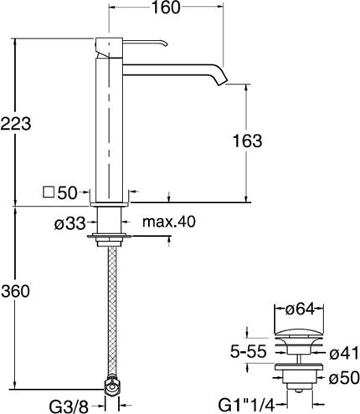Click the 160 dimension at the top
166,8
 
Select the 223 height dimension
16,124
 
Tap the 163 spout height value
247,141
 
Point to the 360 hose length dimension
15,292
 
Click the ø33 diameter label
69,223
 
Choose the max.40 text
169,222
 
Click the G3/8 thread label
69,406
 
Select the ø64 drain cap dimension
300,309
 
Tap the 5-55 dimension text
249,352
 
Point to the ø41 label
344,354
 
